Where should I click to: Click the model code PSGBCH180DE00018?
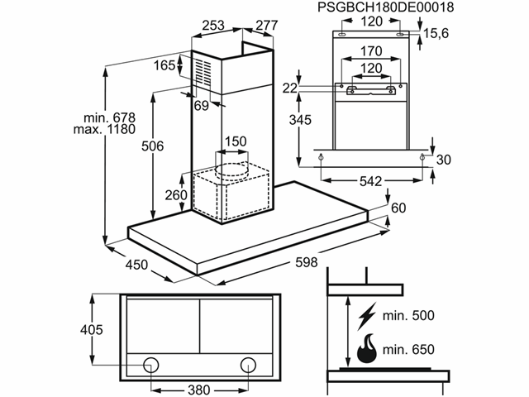[x=386, y=7]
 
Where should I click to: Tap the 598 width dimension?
[x=307, y=262]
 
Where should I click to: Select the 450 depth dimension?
[x=136, y=265]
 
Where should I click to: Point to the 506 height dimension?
[x=152, y=146]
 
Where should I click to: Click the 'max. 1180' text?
[x=105, y=129]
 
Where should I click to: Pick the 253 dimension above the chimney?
[x=213, y=26]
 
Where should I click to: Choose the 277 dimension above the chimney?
[x=266, y=26]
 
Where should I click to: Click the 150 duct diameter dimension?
[x=236, y=141]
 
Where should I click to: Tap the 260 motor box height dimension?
[x=176, y=195]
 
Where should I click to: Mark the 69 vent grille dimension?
[x=202, y=106]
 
